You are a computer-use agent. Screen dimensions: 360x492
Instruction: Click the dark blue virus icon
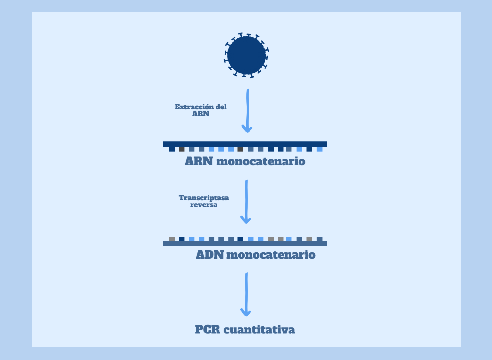tap(246, 55)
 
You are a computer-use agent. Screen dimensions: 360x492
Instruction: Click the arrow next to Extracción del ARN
tap(247, 110)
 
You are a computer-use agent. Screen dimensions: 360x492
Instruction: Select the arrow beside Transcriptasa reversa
tap(246, 202)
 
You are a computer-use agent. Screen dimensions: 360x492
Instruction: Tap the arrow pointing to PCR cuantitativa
tap(246, 294)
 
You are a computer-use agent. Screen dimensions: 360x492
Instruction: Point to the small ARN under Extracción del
tap(201, 114)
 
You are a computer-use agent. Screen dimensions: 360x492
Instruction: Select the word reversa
tap(204, 205)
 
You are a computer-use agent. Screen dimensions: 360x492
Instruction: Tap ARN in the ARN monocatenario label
tap(199, 161)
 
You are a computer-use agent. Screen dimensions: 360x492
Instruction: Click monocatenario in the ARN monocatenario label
tap(261, 162)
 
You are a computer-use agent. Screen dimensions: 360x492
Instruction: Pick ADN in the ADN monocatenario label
tap(209, 255)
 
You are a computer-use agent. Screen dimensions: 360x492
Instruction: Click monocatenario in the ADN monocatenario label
tap(271, 255)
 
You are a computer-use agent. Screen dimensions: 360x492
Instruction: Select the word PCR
tap(207, 330)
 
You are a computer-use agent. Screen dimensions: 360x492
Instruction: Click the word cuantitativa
tap(259, 330)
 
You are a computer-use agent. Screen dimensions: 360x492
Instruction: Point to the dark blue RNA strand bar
tap(245, 144)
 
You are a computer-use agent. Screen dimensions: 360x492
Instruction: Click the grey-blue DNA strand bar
tap(245, 244)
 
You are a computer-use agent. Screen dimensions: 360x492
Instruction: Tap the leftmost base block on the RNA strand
tap(172, 149)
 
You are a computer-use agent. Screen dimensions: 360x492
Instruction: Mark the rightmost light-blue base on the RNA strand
tap(319, 149)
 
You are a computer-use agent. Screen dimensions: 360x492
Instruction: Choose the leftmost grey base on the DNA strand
tap(172, 239)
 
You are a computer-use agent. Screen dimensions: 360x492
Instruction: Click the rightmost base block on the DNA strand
tap(319, 239)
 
